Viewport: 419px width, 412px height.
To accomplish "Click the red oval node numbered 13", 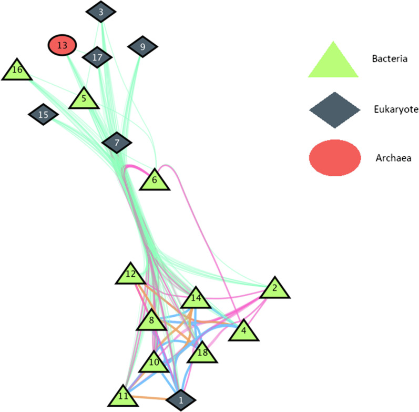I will tap(62, 45).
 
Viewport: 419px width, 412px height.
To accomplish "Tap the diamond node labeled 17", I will tap(97, 57).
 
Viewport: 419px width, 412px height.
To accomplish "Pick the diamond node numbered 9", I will tap(142, 47).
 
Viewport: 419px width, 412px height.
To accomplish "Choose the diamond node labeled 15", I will tap(43, 114).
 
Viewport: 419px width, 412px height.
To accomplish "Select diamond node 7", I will tap(117, 142).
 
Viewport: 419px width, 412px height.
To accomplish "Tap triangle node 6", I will tap(154, 180).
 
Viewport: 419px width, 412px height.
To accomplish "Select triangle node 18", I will tap(201, 353).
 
